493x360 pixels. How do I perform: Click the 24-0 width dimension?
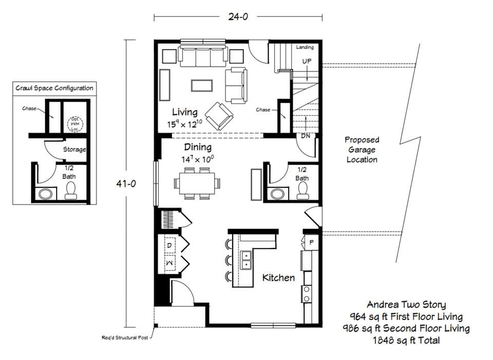238,16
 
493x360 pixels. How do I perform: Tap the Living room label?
184,112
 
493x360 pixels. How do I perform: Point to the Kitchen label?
278,278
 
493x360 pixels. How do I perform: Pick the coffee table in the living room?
202,85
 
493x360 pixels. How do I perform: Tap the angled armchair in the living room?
218,114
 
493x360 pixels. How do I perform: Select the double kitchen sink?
246,260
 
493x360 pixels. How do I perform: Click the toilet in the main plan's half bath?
302,192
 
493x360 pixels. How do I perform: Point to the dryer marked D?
169,245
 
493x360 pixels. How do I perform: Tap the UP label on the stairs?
307,61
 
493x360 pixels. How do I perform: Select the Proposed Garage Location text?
362,149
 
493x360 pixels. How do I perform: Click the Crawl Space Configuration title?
54,88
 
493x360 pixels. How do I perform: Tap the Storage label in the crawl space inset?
74,149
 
